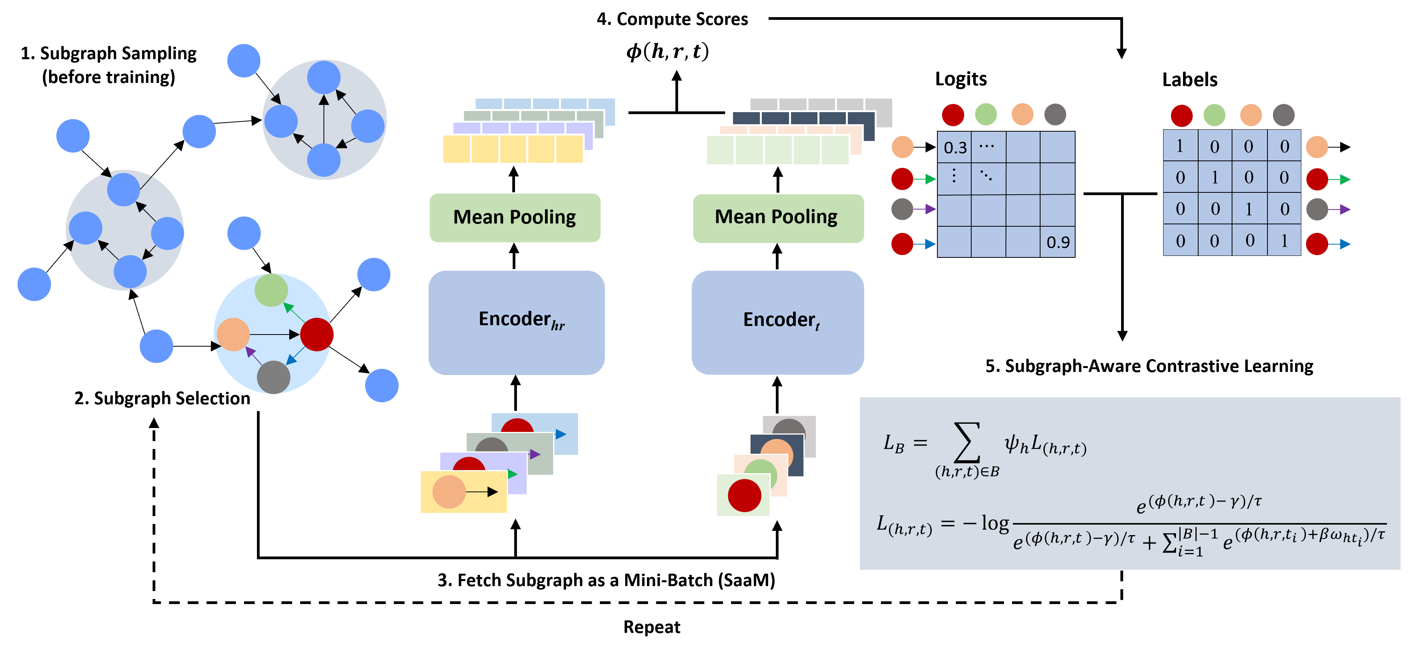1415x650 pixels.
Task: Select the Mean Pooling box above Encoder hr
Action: coord(515,218)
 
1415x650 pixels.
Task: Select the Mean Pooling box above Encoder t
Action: coord(778,218)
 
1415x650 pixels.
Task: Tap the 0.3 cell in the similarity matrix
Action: coord(954,147)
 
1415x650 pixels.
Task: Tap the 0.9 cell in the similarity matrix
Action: coord(1057,242)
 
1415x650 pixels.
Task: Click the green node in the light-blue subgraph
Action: coord(271,290)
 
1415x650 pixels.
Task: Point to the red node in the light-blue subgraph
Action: coord(317,334)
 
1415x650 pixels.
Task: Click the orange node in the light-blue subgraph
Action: coord(234,334)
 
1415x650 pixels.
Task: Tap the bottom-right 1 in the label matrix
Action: coord(1284,241)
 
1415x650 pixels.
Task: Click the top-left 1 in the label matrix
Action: coord(1180,146)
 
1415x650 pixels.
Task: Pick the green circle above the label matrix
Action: coord(1214,115)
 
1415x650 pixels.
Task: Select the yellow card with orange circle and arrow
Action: coord(463,492)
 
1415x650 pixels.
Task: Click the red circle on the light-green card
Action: coord(744,495)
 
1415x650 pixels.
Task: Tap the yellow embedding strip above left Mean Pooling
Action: coord(513,149)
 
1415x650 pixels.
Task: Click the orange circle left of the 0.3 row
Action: coord(902,147)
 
